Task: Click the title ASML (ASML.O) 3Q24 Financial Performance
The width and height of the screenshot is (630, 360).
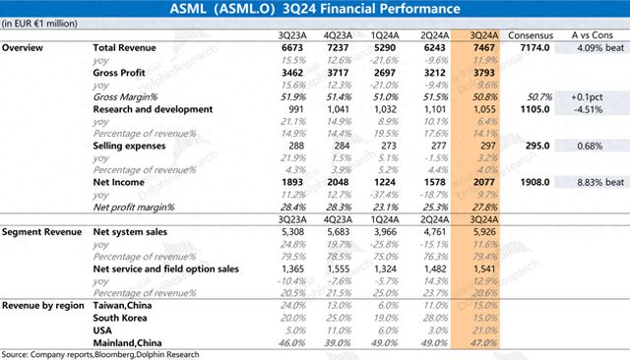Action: [x=314, y=10]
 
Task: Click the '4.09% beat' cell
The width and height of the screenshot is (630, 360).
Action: [x=594, y=47]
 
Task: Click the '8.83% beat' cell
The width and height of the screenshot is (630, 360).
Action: [x=594, y=181]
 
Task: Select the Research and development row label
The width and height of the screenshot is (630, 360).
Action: [x=153, y=109]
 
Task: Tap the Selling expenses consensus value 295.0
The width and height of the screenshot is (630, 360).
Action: [x=529, y=146]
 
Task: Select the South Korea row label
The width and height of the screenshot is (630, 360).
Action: [x=121, y=317]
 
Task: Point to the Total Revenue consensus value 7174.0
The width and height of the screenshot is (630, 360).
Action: [x=529, y=47]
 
